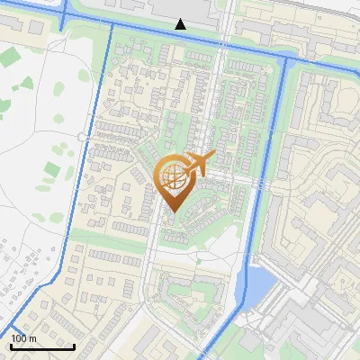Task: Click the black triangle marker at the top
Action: [x=181, y=23]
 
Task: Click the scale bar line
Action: [x=42, y=346]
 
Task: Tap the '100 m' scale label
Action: [x=23, y=338]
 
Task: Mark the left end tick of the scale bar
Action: [x=10, y=345]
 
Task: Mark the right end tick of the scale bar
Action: [x=75, y=345]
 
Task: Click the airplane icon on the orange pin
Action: [x=197, y=165]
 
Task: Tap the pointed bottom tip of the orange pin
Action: [x=172, y=212]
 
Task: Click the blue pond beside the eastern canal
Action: [x=259, y=284]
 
